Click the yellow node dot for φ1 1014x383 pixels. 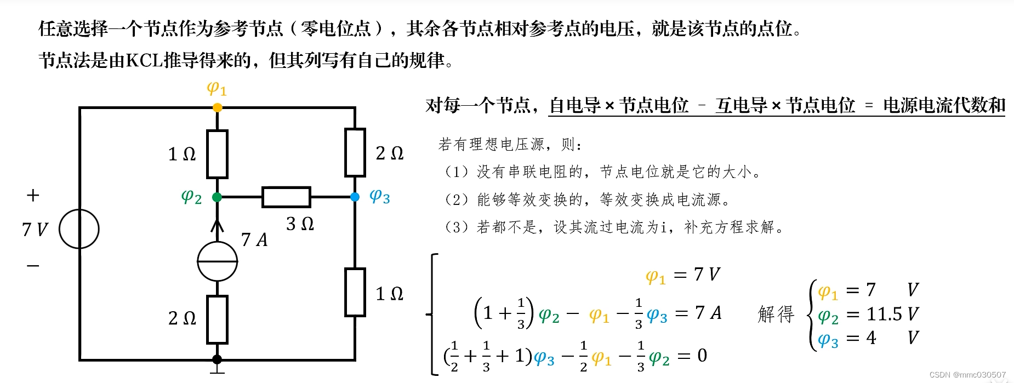(x=217, y=107)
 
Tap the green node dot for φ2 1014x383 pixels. (x=217, y=197)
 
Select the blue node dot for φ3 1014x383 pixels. (x=355, y=197)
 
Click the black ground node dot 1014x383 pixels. (x=217, y=359)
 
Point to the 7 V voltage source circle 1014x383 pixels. (x=79, y=229)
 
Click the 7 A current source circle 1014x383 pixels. (x=217, y=261)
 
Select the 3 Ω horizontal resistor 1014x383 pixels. (x=286, y=197)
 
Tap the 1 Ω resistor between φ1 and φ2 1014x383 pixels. (x=217, y=154)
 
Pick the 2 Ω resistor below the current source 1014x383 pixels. (x=217, y=319)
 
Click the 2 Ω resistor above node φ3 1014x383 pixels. (x=355, y=152)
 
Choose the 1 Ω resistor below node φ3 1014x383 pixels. (x=355, y=292)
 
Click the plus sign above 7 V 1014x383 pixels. (x=33, y=196)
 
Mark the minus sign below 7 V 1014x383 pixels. (x=33, y=266)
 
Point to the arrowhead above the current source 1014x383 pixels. (x=217, y=225)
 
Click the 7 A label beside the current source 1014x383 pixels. (x=254, y=239)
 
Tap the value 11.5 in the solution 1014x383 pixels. (x=884, y=314)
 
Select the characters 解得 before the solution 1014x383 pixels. (x=776, y=314)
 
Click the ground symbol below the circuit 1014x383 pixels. (x=217, y=371)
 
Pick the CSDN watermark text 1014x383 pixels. (x=967, y=375)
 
